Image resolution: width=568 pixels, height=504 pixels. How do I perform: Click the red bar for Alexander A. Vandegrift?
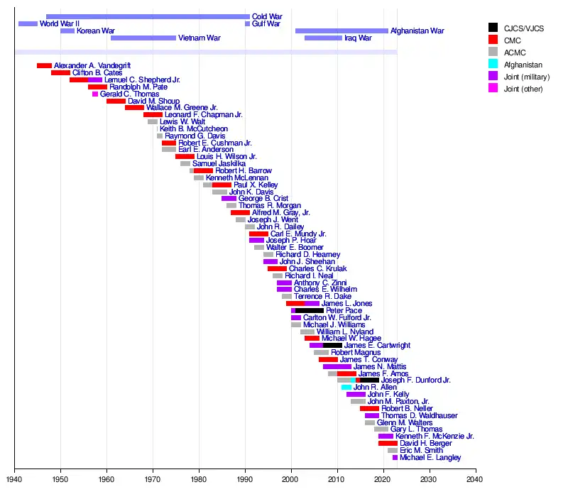(x=44, y=65)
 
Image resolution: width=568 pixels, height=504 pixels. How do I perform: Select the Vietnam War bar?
(x=143, y=38)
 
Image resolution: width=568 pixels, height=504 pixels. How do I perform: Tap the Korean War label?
(x=96, y=31)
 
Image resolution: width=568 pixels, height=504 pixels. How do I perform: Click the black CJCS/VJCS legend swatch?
(x=493, y=28)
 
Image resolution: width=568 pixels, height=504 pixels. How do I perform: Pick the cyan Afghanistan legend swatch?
(x=493, y=64)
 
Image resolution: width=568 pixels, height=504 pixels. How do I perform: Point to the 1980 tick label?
(x=199, y=479)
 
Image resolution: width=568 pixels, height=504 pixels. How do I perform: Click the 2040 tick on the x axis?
(x=476, y=471)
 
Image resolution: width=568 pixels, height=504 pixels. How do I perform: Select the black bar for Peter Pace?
(x=310, y=311)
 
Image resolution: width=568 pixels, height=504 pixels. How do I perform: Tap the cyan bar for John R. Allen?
(x=346, y=388)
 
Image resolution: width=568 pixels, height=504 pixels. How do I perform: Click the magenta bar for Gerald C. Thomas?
(x=95, y=94)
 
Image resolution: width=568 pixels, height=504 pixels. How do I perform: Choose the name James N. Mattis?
(x=380, y=366)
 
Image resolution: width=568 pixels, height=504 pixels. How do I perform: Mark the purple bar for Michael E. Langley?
(x=395, y=458)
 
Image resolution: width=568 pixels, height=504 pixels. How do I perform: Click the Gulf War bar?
(x=247, y=24)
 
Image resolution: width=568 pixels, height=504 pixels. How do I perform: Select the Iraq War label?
(x=358, y=38)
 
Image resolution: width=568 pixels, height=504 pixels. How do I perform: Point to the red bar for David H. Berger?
(x=388, y=444)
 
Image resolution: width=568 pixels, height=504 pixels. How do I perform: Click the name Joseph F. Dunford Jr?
(x=416, y=380)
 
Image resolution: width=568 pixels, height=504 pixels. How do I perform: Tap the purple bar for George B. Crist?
(x=229, y=199)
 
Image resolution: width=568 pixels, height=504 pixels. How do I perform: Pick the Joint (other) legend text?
(x=523, y=89)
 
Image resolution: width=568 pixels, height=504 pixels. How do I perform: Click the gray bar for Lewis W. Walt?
(x=153, y=122)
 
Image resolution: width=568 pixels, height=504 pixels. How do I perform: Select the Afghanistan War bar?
(x=342, y=31)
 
